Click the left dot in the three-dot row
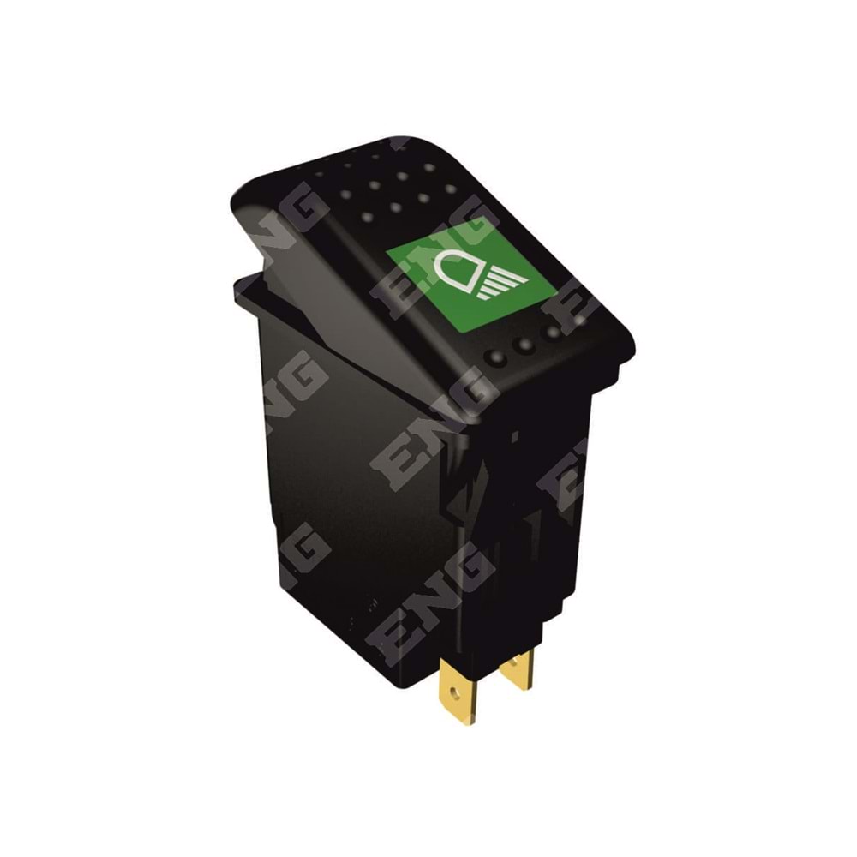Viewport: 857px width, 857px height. pos(496,357)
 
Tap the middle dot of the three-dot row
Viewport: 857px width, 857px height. pos(525,345)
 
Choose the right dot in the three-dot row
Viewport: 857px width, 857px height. pos(553,331)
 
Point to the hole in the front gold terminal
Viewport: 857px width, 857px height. pos(455,693)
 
